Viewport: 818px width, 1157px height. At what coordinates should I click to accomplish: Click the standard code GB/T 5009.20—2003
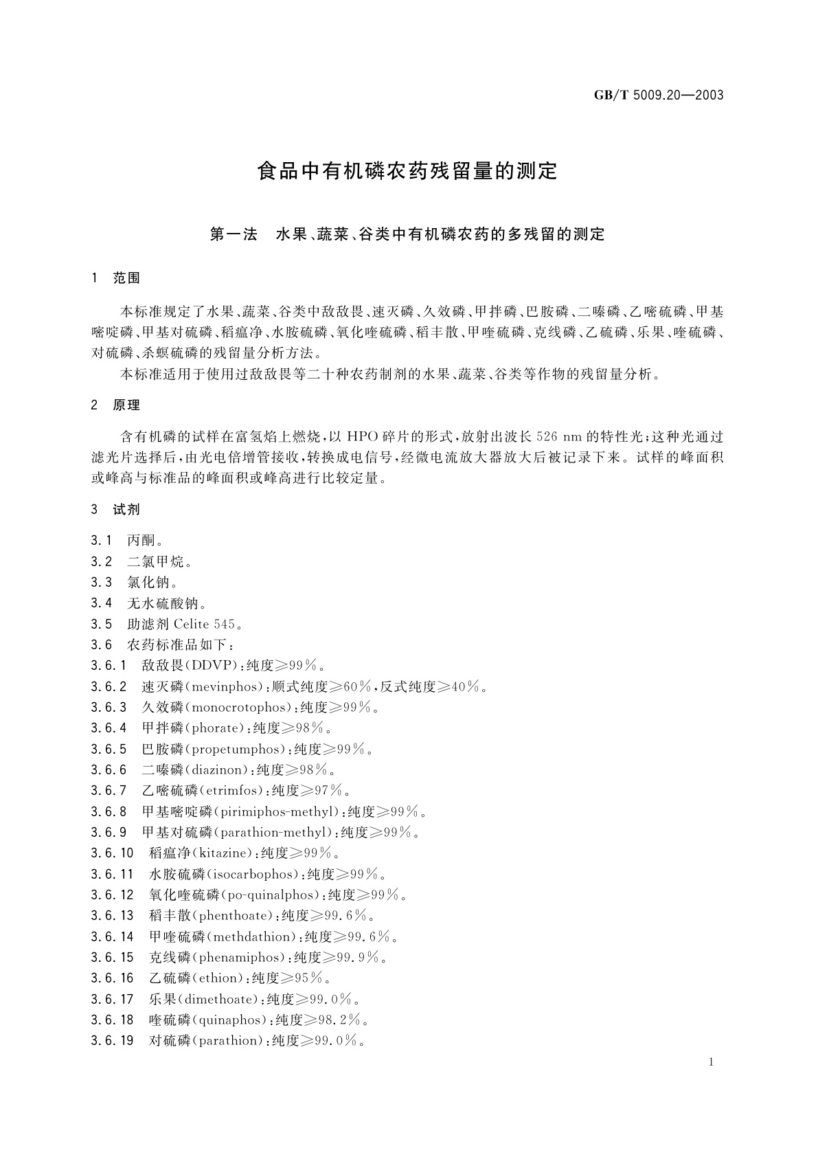click(658, 95)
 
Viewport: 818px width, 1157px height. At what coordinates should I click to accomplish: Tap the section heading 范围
click(126, 278)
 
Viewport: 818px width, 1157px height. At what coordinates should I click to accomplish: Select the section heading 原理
click(126, 405)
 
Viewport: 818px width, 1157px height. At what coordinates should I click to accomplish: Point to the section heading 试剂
click(126, 509)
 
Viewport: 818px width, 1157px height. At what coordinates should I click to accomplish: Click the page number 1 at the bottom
click(711, 1062)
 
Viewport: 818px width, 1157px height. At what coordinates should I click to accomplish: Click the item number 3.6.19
click(112, 1041)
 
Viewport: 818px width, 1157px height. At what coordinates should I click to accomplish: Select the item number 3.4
click(101, 603)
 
